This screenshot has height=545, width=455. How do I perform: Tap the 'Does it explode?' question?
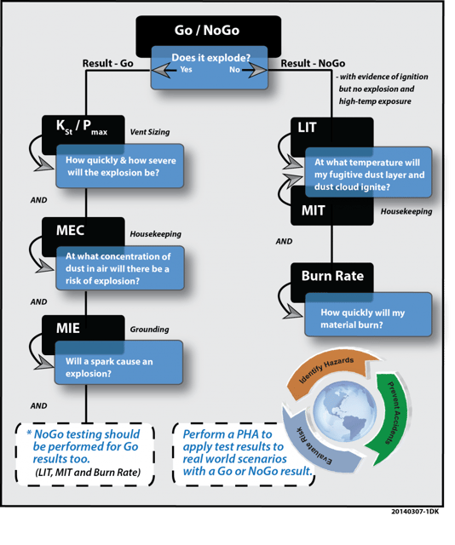(210, 58)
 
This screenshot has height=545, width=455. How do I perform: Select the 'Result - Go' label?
(108, 63)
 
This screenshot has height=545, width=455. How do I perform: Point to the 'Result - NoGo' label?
(313, 63)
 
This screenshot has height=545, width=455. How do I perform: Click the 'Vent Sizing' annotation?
(150, 132)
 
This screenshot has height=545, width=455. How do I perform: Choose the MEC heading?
(70, 230)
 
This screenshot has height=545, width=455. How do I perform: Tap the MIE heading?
(68, 328)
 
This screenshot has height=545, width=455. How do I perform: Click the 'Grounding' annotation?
(150, 330)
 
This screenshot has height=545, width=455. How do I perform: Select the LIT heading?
(307, 128)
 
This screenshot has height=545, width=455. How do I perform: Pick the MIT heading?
(313, 210)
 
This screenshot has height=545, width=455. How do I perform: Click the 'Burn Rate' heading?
(332, 276)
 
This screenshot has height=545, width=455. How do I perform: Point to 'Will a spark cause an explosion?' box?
(118, 363)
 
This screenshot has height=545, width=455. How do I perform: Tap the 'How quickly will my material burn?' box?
(368, 314)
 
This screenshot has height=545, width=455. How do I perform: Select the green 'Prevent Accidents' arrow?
(393, 417)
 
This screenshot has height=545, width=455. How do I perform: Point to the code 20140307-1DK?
(415, 511)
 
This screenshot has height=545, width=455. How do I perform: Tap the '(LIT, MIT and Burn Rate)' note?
(88, 473)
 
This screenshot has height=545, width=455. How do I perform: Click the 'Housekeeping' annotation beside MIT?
(406, 211)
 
